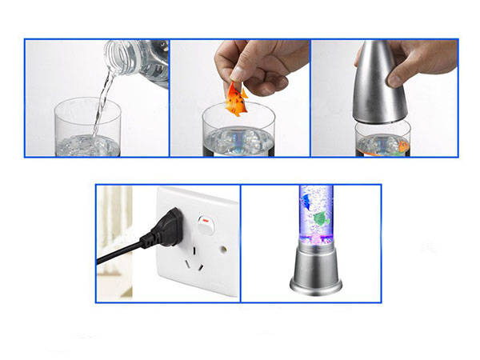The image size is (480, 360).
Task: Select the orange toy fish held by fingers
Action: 237,99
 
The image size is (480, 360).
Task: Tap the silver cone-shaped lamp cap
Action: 379,84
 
